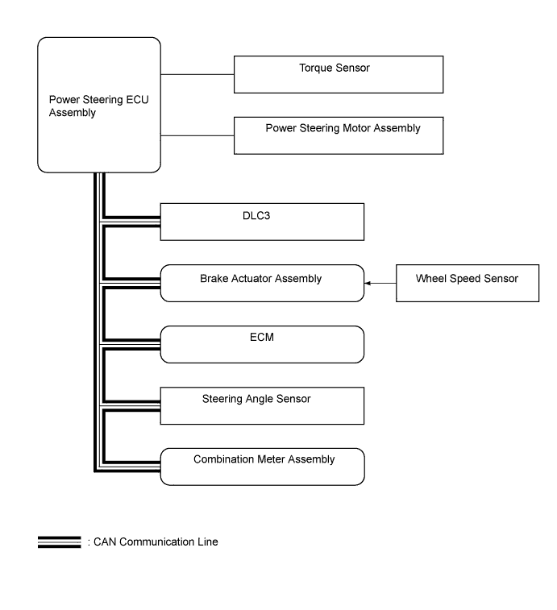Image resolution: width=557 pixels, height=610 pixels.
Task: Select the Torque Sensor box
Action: tap(339, 74)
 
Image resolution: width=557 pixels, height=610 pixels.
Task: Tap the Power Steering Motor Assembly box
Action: tap(339, 135)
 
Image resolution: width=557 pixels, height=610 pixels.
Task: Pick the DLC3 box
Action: tap(263, 222)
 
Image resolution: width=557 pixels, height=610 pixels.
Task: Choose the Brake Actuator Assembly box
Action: tap(263, 283)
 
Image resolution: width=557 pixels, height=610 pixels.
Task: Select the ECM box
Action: tap(263, 344)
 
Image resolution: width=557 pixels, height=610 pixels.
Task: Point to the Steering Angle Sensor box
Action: tap(263, 405)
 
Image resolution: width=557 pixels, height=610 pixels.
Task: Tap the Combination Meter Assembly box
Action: tap(263, 467)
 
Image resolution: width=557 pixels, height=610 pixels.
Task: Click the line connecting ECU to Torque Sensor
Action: tap(197, 74)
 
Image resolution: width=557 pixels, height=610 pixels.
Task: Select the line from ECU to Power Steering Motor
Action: tap(197, 135)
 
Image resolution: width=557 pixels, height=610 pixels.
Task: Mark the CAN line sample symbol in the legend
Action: tap(59, 542)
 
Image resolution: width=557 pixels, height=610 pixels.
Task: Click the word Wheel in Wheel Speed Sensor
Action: tap(430, 279)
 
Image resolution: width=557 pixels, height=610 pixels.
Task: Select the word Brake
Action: tap(214, 279)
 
